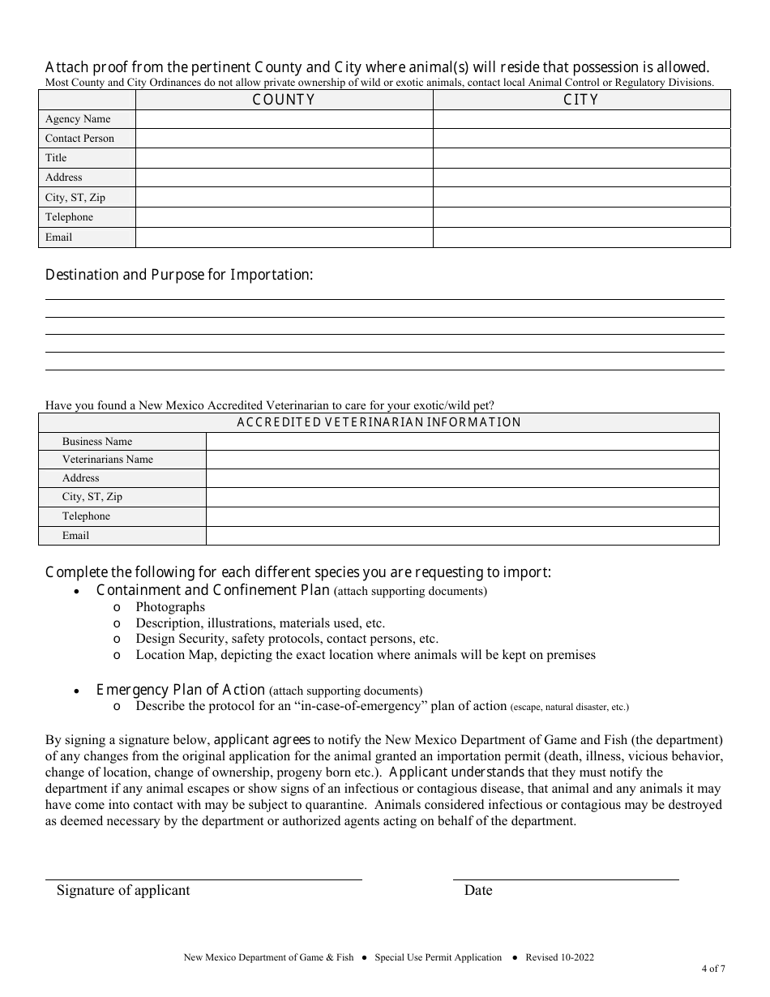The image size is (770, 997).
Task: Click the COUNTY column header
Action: pos(284,100)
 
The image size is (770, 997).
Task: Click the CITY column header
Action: pos(581,100)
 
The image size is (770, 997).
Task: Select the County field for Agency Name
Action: pos(284,119)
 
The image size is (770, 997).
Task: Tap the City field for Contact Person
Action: pos(581,139)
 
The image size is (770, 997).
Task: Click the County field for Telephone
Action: pos(284,217)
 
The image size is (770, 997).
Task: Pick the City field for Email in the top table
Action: pos(581,237)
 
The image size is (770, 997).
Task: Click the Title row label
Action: pos(56,158)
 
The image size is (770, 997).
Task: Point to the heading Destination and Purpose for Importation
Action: pos(178,275)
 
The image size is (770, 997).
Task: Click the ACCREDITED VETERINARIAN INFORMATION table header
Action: pos(379,422)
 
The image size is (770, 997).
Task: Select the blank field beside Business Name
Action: pos(462,442)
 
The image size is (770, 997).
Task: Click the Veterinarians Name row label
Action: pos(107,460)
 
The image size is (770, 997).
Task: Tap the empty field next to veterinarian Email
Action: pos(462,536)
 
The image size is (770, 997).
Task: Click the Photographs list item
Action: pos(170,607)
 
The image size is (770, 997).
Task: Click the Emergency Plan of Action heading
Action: pos(181,691)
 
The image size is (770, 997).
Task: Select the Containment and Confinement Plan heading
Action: pos(212,591)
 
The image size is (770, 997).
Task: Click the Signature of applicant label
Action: pos(123,890)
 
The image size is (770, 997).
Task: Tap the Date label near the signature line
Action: pos(478,890)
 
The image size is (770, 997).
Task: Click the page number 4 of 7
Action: pos(713,969)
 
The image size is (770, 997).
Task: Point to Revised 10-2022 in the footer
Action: pos(559,957)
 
